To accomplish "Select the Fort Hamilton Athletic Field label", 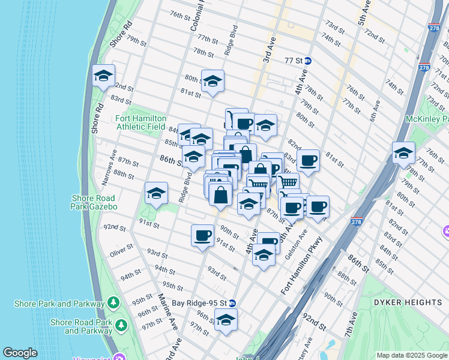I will pos(141,123).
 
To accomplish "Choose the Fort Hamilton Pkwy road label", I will pos(301,266).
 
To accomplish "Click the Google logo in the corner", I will pos(20,353).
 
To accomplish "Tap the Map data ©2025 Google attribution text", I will pos(411,355).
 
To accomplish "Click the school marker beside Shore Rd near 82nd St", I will pos(103,76).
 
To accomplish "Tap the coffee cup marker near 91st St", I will pos(202,235).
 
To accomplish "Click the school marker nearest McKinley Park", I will pos(403,153).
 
